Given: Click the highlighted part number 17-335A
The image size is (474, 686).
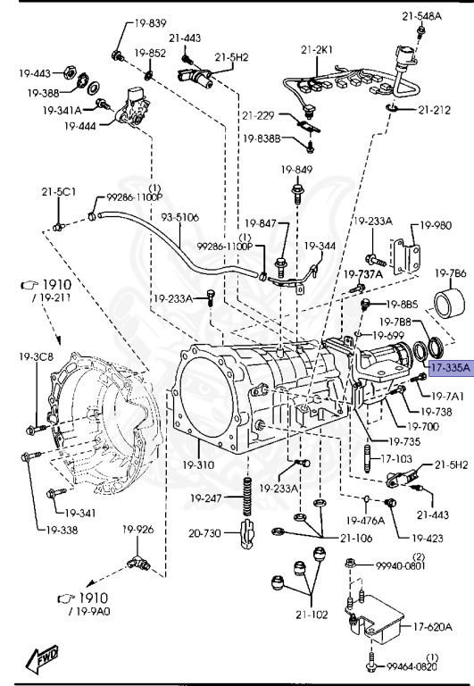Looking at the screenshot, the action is [451, 367].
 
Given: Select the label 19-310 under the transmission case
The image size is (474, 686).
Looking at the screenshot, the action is [197, 464].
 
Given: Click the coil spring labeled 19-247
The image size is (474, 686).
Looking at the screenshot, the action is [248, 496].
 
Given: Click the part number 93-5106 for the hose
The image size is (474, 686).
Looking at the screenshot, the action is [180, 217].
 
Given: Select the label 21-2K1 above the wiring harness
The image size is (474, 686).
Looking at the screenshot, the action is [317, 50].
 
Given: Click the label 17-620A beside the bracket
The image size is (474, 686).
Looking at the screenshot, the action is [432, 626].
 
